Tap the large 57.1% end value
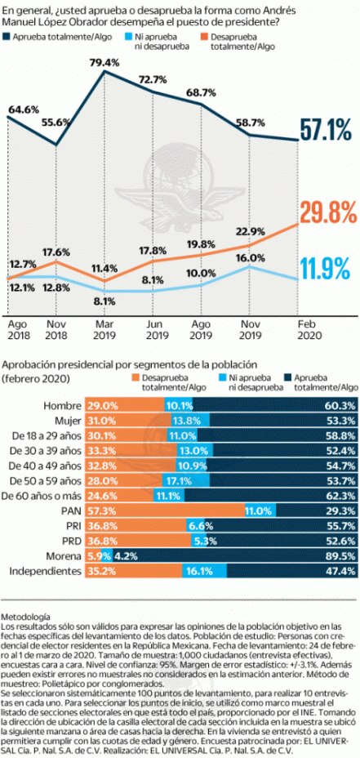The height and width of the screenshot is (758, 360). pyautogui.click(x=327, y=128)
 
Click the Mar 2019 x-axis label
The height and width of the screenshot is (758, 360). pyautogui.click(x=105, y=329)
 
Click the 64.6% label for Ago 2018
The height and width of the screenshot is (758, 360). pyautogui.click(x=24, y=109)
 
